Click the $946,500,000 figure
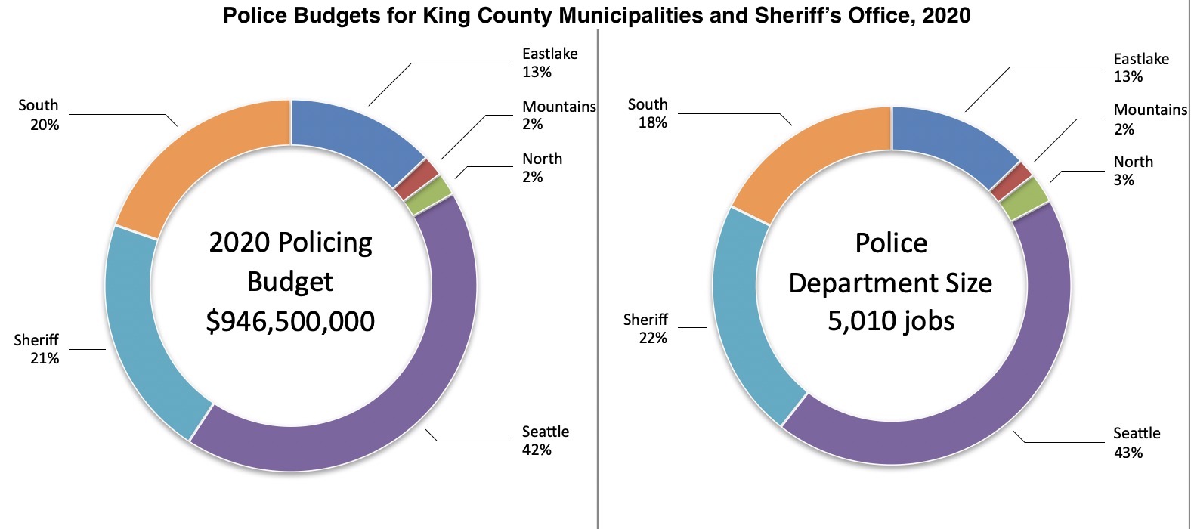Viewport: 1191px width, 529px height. tap(290, 321)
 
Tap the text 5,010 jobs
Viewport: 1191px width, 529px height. tap(891, 321)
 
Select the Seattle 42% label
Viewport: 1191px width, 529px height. tap(545, 441)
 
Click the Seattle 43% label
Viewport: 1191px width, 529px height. tap(1136, 442)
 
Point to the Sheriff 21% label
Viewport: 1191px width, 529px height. tap(37, 349)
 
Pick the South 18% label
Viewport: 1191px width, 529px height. tap(648, 113)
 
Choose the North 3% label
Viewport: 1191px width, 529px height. tap(1133, 171)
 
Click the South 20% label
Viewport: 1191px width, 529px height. tap(39, 115)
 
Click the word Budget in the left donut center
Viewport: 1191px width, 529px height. tap(290, 282)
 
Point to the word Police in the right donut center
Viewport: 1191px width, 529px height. tap(891, 243)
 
